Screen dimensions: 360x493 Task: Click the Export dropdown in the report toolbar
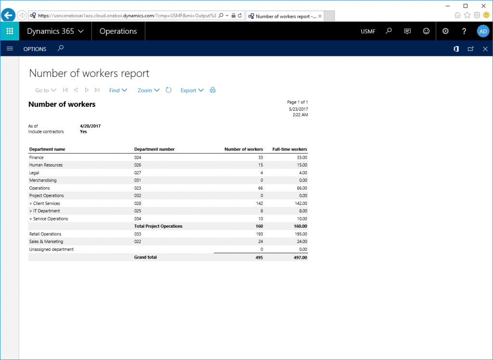[x=192, y=90]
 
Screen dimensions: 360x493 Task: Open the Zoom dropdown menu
[x=148, y=90]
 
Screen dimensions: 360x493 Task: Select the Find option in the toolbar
[x=118, y=90]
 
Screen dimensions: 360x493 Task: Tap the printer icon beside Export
[x=213, y=90]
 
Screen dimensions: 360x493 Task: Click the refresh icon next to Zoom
[x=169, y=90]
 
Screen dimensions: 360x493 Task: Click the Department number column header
[x=154, y=149]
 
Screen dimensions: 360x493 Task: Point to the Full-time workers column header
[x=289, y=149]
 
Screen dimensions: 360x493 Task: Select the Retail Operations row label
[x=45, y=234]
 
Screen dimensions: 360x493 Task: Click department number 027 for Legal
[x=138, y=173]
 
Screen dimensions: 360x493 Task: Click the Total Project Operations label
[x=158, y=226]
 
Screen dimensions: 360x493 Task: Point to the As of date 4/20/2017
[x=90, y=126]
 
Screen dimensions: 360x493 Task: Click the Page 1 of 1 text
[x=297, y=102]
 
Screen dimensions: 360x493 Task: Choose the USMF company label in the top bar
[x=368, y=32]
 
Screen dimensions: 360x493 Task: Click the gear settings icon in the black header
[x=445, y=31]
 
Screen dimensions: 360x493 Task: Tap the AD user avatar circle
[x=483, y=31]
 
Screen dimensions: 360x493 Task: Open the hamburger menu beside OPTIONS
[x=10, y=49]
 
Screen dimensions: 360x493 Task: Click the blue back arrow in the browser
[x=8, y=15]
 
